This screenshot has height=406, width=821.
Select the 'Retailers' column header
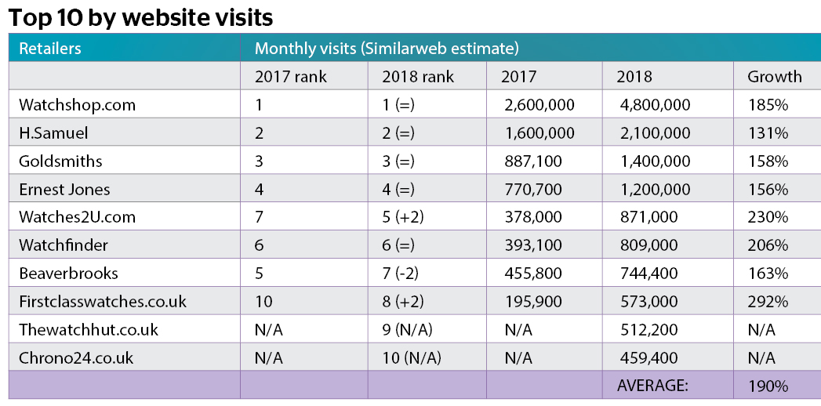pyautogui.click(x=50, y=49)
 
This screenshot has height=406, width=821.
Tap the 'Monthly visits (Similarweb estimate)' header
pyautogui.click(x=387, y=49)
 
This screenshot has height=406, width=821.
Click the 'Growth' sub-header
pyautogui.click(x=774, y=77)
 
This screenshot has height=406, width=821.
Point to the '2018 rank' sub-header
pyautogui.click(x=418, y=77)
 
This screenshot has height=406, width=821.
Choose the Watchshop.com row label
pyautogui.click(x=77, y=105)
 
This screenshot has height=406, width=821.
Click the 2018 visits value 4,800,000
pyautogui.click(x=654, y=105)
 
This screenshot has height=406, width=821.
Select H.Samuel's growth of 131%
pyautogui.click(x=767, y=133)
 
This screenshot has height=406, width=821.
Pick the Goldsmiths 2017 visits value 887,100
pyautogui.click(x=533, y=161)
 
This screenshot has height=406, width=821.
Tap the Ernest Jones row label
pyautogui.click(x=64, y=190)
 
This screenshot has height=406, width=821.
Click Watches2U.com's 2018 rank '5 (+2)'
pyautogui.click(x=402, y=217)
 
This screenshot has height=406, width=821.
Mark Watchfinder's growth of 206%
pyautogui.click(x=768, y=245)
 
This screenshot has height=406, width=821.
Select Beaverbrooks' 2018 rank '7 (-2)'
pyautogui.click(x=401, y=274)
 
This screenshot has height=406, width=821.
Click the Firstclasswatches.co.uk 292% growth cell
pyautogui.click(x=768, y=302)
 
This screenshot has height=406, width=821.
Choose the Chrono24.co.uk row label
pyautogui.click(x=76, y=358)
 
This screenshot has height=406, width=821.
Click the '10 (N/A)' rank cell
pyautogui.click(x=412, y=358)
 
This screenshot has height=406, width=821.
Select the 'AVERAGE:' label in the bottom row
pyautogui.click(x=653, y=386)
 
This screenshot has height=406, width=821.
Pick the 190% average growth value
pyautogui.click(x=768, y=386)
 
